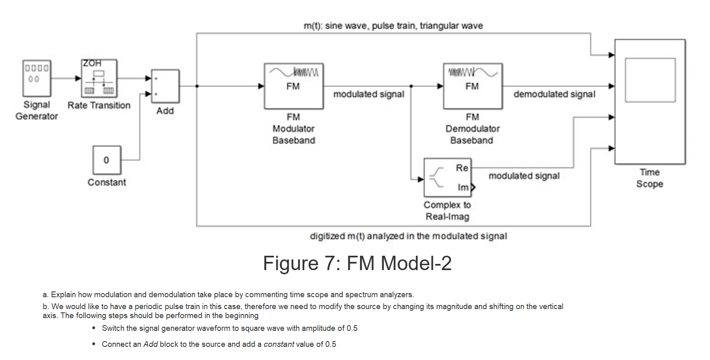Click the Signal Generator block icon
37,78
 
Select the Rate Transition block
99,78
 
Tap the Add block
165,86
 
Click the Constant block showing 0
107,160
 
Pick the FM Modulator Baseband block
294,86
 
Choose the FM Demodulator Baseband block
473,86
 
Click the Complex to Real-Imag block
448,178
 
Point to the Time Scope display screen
650,80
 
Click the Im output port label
463,188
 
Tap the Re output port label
462,168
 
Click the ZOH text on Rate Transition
92,63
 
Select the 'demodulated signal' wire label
554,94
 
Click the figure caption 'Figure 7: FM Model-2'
357,263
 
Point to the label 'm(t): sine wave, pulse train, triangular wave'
393,26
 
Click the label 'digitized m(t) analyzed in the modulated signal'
409,236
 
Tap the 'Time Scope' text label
650,178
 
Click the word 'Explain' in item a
63,295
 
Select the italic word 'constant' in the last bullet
279,344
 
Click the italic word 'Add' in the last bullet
150,344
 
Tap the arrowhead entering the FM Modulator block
261,86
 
